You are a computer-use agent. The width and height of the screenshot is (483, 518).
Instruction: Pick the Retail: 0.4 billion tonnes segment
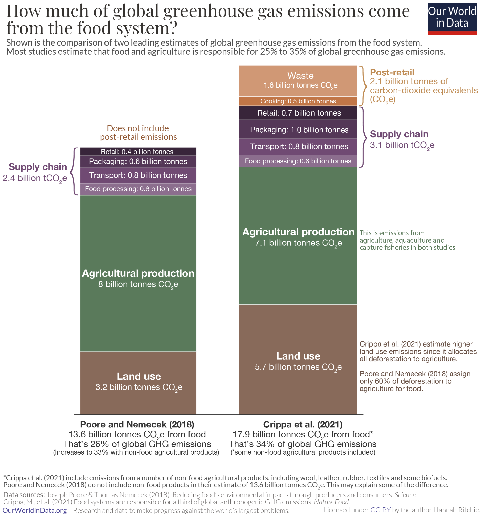[138, 152]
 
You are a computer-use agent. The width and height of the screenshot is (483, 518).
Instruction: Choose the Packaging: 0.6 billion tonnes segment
[138, 162]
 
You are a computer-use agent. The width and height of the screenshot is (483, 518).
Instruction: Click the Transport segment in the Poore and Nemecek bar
[138, 175]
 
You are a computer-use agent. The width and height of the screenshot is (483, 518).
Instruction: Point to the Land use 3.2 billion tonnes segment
[138, 382]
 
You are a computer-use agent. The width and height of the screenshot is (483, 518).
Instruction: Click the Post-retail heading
[392, 72]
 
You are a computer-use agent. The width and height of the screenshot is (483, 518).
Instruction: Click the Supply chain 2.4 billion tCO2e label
[36, 172]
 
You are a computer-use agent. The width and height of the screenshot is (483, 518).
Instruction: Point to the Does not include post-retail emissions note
[138, 132]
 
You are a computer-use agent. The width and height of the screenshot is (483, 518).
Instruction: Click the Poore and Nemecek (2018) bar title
[137, 424]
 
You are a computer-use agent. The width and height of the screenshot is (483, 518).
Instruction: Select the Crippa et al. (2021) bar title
[302, 424]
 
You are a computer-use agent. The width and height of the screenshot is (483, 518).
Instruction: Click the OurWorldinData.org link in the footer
[34, 510]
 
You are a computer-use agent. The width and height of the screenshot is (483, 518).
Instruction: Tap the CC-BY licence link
[380, 510]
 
